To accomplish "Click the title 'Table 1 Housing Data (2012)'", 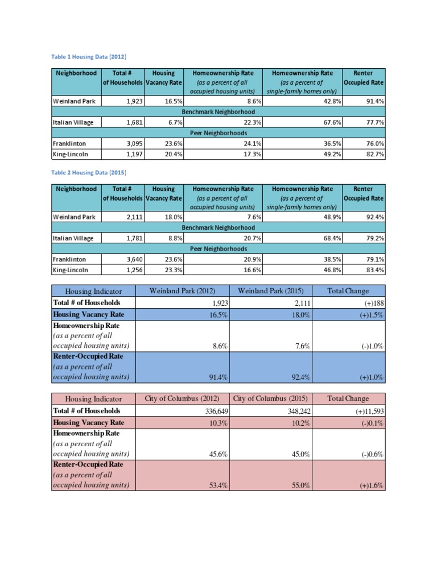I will [x=89, y=57].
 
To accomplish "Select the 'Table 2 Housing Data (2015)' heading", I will [x=89, y=172].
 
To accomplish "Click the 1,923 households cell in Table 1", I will [x=132, y=101].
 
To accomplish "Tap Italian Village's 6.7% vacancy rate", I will [x=174, y=122].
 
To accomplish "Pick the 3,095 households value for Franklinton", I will [x=132, y=143].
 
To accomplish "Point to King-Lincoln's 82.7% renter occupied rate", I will [x=373, y=154].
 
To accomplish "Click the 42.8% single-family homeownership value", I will [x=331, y=101].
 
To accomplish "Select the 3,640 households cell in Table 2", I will [x=132, y=259].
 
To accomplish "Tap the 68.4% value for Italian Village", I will [x=331, y=238].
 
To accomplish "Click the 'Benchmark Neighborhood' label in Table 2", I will [x=218, y=227].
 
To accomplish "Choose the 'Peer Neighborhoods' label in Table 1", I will [x=218, y=133].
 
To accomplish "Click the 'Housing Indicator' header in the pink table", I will [x=94, y=399].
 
